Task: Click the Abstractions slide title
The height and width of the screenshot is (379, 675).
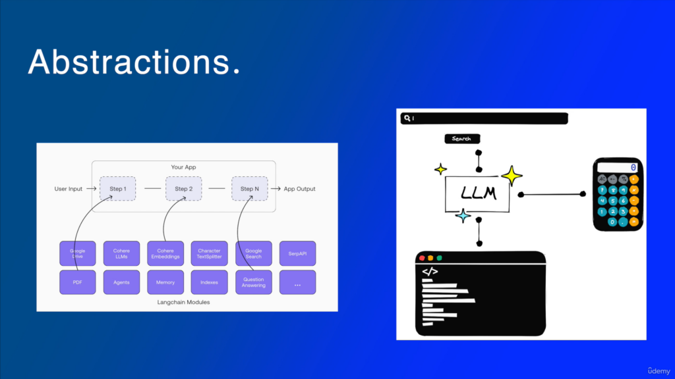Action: pos(134,62)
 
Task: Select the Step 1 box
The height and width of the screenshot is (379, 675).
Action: pos(118,189)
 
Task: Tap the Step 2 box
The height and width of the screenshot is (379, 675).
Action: pos(183,189)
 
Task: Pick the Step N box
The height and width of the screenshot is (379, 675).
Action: pos(249,189)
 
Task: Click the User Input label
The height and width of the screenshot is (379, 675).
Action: pos(69,189)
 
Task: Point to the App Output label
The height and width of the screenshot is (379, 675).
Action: pos(299,189)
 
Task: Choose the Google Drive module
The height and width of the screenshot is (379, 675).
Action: pos(78,253)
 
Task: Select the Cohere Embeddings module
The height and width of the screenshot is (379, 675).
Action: pos(165,253)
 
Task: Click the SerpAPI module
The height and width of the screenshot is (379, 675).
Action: pos(297,253)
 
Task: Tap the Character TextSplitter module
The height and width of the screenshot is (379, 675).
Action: pos(210,253)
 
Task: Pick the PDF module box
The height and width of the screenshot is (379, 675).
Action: pos(78,282)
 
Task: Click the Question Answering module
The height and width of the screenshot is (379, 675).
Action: pos(254,282)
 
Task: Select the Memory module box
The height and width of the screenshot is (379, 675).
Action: pos(165,282)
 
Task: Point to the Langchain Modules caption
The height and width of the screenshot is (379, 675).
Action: pos(187,302)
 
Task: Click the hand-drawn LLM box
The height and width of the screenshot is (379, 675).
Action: pos(477,194)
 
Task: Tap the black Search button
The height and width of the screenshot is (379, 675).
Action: pos(462,139)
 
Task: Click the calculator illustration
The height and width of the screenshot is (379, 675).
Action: pos(618,194)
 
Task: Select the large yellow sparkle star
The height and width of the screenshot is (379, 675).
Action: pos(512,176)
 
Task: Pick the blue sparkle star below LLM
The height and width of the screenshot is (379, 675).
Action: pos(463,215)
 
